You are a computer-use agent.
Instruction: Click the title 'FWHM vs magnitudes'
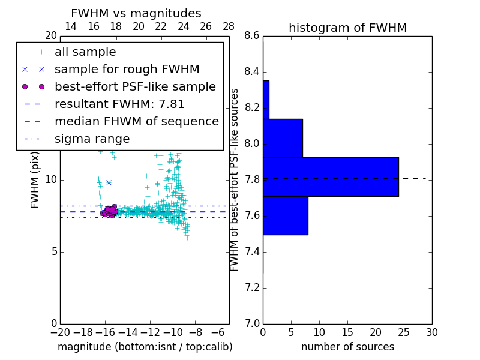point(136,14)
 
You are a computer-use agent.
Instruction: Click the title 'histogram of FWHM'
point(347,28)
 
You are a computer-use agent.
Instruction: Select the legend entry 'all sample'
point(85,52)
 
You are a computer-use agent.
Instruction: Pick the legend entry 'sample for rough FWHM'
point(127,70)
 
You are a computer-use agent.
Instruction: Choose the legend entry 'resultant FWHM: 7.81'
point(119,104)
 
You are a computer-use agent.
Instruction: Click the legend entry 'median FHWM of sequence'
point(136,121)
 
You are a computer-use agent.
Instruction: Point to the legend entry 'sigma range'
point(92,139)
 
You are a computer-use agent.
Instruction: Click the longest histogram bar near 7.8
point(331,177)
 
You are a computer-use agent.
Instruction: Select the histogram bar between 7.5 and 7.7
point(285,215)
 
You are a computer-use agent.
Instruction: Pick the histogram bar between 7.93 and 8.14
point(283,138)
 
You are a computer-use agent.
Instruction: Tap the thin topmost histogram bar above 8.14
point(266,100)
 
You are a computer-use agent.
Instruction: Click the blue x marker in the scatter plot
point(109,182)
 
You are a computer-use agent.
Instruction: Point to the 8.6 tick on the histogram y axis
point(252,36)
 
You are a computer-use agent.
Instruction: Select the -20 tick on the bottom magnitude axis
point(60,332)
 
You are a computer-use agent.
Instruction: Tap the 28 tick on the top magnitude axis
point(229,26)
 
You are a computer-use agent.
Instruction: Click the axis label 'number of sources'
point(347,347)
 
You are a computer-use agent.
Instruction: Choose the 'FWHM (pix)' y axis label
point(35,180)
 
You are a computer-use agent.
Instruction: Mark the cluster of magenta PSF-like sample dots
point(109,211)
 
